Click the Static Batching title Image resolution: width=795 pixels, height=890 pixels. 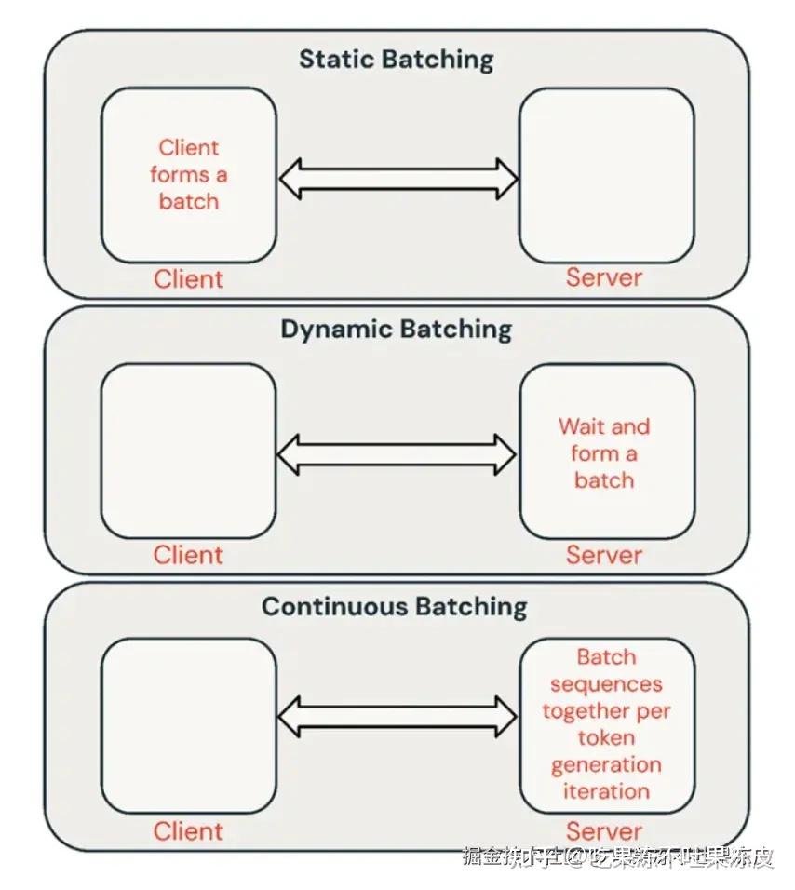tap(396, 60)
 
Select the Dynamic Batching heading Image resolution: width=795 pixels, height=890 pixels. tap(396, 330)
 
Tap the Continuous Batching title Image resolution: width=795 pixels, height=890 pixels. tap(394, 607)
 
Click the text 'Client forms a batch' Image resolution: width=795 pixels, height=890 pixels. tap(189, 174)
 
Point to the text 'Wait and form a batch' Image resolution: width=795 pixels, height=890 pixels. tap(604, 453)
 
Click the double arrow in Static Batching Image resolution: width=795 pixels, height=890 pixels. tap(397, 178)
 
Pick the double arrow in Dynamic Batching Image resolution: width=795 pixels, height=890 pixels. tap(397, 454)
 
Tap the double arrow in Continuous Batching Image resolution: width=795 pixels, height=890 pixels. tap(397, 718)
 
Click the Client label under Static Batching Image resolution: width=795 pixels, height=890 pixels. tap(189, 279)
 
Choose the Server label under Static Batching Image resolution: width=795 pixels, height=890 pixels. tap(604, 277)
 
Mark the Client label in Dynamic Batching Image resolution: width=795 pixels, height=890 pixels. tap(189, 556)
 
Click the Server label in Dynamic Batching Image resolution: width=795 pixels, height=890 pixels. tap(604, 556)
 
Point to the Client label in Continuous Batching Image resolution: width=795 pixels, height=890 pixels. tap(189, 831)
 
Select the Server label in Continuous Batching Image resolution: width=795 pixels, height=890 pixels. tap(604, 831)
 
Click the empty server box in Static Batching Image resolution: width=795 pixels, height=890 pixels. tap(606, 175)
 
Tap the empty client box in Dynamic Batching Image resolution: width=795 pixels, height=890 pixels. tap(189, 451)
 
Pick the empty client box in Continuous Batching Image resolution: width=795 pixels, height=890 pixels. tap(189, 725)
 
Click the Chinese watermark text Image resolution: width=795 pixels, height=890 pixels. tap(618, 857)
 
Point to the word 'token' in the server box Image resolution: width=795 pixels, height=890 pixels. tap(606, 737)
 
